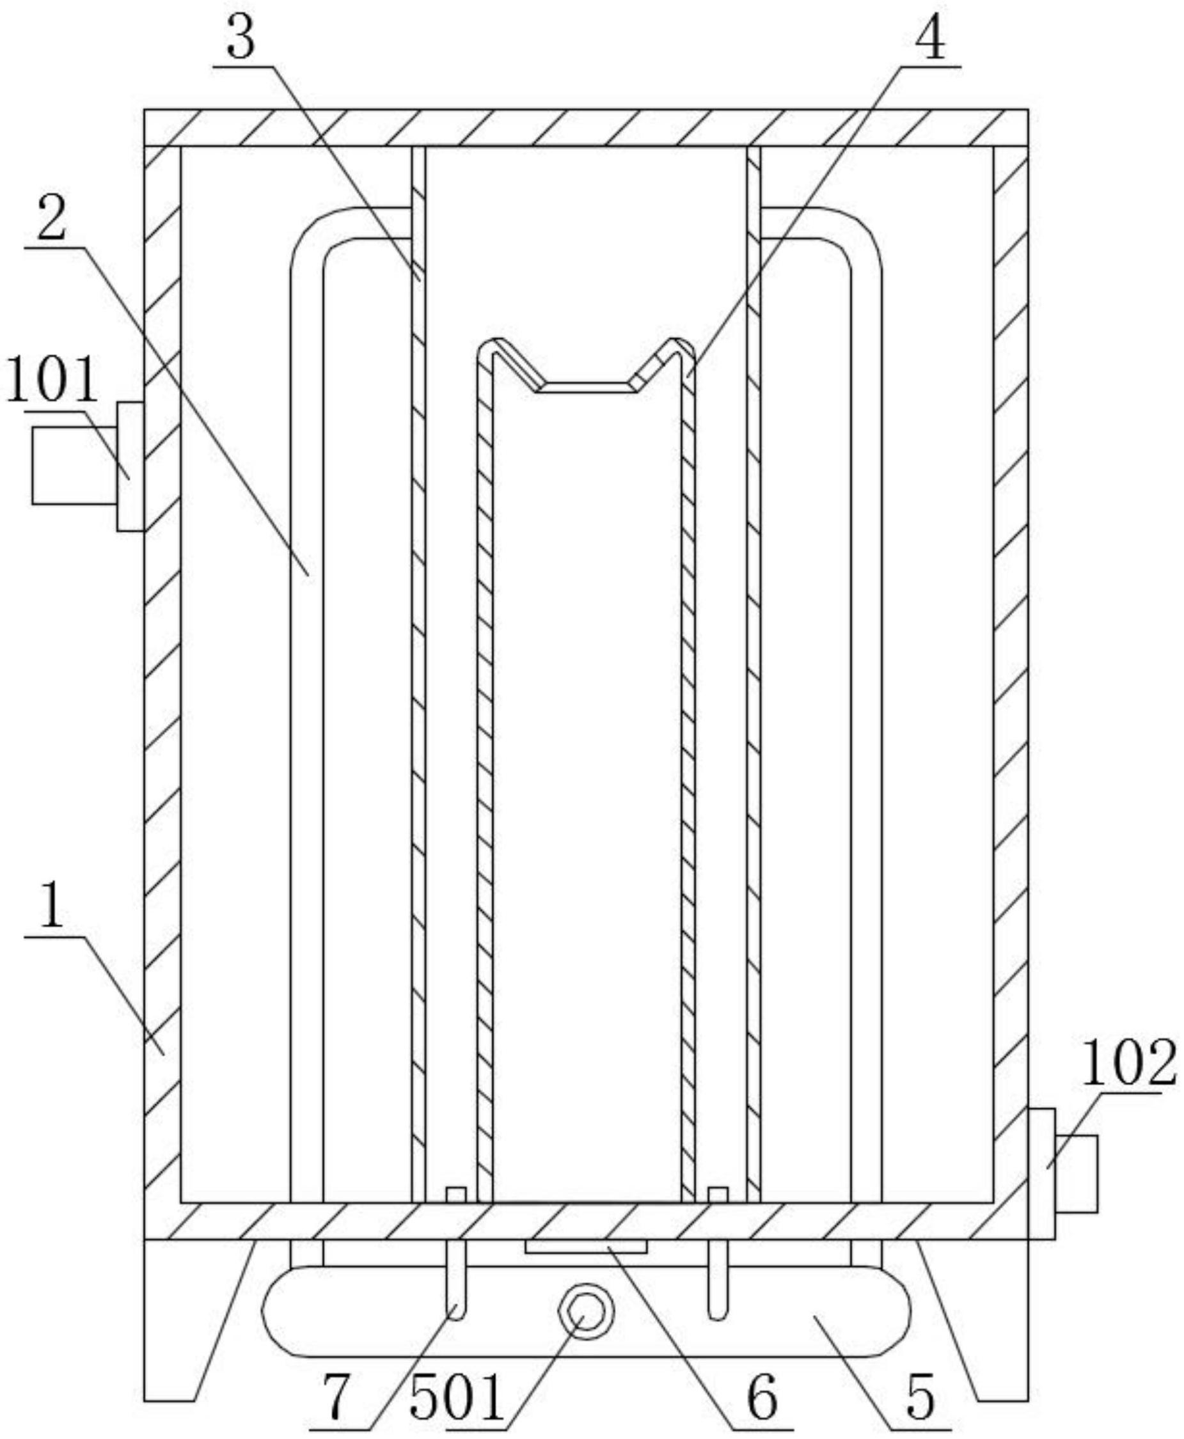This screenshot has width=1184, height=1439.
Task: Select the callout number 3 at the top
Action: click(241, 38)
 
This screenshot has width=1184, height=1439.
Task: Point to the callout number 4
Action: click(930, 38)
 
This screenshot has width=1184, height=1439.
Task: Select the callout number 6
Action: click(762, 1397)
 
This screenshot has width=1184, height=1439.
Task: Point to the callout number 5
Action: click(920, 1398)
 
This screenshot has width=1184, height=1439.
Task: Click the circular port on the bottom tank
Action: click(586, 1312)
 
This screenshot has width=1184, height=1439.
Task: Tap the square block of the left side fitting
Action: click(74, 466)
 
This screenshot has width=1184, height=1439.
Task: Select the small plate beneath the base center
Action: click(586, 1246)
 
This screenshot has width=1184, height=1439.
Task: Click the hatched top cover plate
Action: click(586, 127)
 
